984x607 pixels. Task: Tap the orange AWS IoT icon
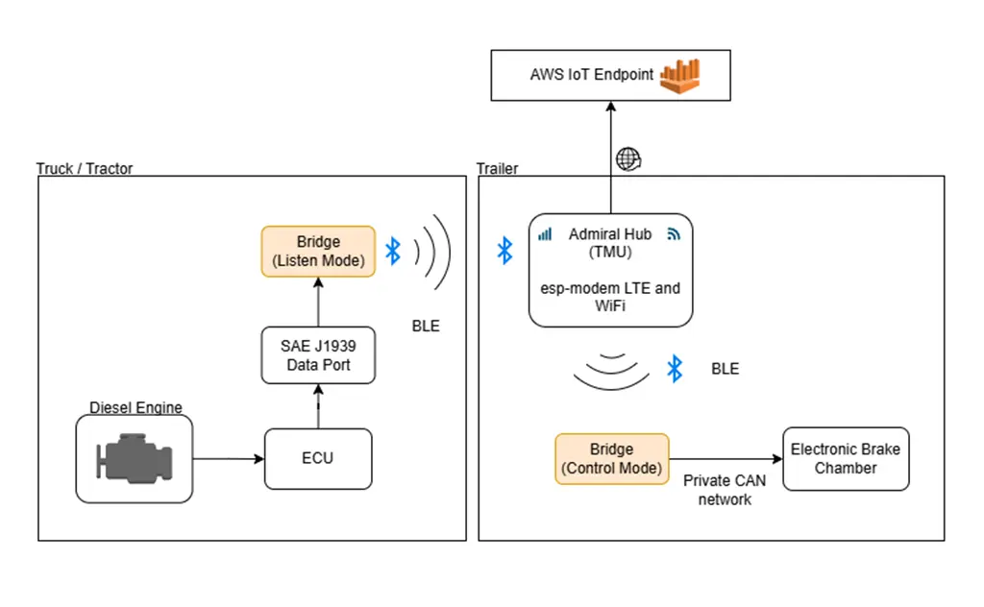pos(679,76)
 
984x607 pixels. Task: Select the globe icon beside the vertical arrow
pos(627,158)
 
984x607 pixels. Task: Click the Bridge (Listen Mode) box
pos(318,252)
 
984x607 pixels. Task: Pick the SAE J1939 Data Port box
pos(318,355)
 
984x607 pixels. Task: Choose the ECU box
pos(317,457)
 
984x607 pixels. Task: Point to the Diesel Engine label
pos(135,407)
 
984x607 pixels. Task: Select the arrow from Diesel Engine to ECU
pos(229,459)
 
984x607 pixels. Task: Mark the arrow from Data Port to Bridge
pos(318,302)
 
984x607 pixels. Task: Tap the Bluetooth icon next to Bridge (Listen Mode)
pos(392,252)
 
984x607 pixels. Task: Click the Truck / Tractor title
pos(85,168)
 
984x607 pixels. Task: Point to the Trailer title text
pos(497,168)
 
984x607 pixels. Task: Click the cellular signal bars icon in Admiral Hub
pos(545,233)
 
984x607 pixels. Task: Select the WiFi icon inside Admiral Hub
pos(673,233)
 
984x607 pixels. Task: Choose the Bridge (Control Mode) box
pos(611,459)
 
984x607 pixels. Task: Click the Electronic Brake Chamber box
pos(846,459)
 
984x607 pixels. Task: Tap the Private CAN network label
pos(725,489)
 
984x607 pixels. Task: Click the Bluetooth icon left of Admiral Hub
pos(504,252)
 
